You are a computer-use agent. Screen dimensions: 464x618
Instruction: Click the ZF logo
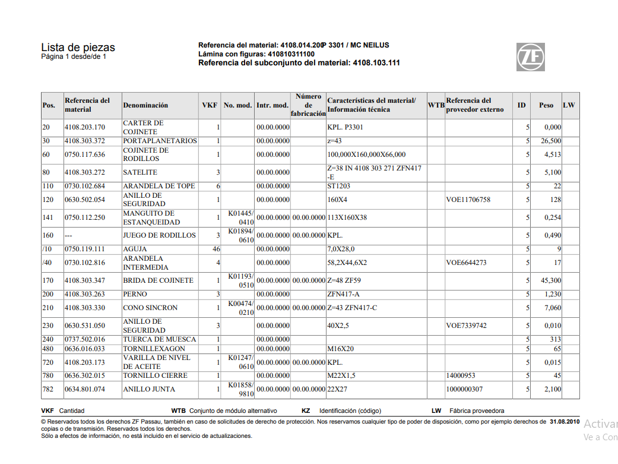531,57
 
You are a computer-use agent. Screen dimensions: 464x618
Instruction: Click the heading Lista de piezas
78,48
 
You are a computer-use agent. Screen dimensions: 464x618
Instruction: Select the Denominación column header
145,105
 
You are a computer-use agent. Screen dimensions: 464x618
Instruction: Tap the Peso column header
546,105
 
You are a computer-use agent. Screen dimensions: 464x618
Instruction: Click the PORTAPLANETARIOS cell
160,141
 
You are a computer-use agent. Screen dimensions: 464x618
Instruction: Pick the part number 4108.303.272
85,172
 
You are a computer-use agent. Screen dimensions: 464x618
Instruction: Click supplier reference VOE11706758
468,200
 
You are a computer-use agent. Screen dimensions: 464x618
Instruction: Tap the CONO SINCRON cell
150,308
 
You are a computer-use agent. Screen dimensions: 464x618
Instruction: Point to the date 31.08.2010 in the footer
564,422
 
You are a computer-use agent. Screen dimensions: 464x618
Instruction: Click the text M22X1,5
341,375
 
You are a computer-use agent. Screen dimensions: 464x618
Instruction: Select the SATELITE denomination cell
140,172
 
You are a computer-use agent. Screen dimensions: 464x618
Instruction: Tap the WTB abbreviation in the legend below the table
178,411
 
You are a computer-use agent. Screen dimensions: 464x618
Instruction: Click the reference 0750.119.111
85,249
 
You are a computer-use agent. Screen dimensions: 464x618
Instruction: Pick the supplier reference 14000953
461,375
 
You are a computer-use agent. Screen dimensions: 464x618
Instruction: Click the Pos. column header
49,105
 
